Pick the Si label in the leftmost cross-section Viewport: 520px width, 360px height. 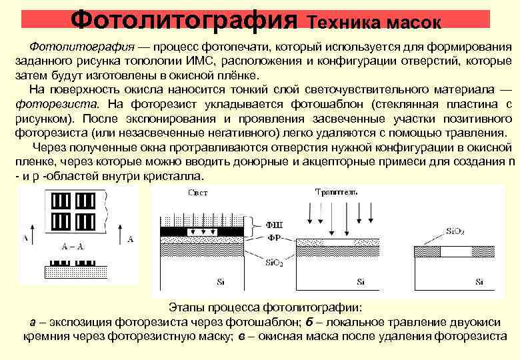pyautogui.click(x=221, y=281)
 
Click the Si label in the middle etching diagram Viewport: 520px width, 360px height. pyautogui.click(x=360, y=281)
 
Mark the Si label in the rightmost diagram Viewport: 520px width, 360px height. pyautogui.click(x=479, y=281)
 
